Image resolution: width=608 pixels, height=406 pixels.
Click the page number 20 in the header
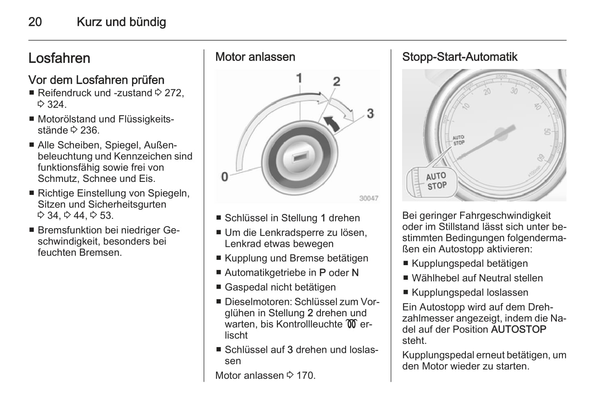[x=35, y=22]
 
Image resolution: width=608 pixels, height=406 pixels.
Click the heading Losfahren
[x=59, y=58]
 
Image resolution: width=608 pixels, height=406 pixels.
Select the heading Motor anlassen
[x=255, y=57]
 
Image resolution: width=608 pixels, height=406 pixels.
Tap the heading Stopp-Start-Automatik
[x=459, y=57]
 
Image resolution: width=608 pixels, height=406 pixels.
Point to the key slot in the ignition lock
[x=299, y=156]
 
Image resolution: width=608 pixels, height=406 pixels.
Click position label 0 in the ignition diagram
[x=225, y=177]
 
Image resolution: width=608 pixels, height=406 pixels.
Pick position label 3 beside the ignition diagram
[x=370, y=113]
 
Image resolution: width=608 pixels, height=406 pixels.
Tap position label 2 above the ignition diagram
[x=336, y=82]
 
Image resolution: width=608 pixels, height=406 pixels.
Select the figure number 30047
[x=369, y=198]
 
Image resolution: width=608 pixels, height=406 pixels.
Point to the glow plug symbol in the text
[x=351, y=324]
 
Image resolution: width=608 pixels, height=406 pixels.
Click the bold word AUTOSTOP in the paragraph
[x=518, y=330]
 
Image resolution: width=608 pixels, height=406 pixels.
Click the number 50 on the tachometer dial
[x=546, y=132]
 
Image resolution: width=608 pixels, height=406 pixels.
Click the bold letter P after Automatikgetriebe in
[x=322, y=273]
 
